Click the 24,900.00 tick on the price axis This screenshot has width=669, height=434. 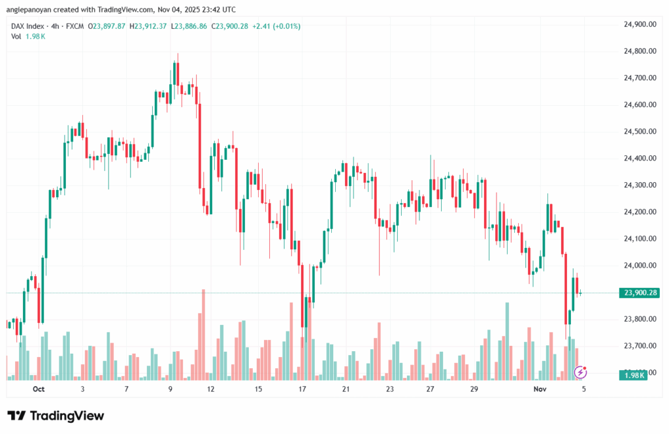[x=640, y=24]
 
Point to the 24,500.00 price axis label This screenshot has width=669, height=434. [x=640, y=131]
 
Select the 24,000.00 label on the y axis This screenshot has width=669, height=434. [x=640, y=265]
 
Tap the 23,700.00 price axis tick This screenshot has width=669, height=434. [x=640, y=345]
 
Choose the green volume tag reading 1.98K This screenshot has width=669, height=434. [x=632, y=375]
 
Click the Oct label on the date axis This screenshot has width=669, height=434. [x=38, y=389]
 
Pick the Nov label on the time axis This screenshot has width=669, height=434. [x=539, y=389]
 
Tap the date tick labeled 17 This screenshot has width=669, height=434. [x=302, y=389]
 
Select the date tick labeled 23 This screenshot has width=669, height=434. [x=390, y=389]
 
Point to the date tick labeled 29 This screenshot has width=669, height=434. [x=474, y=389]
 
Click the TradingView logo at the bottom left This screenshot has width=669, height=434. [x=56, y=416]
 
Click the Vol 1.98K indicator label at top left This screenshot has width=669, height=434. [x=28, y=36]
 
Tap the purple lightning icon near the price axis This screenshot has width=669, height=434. [x=579, y=372]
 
